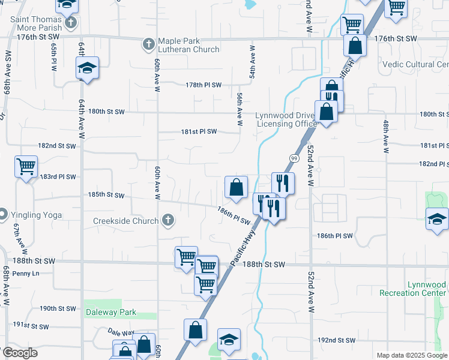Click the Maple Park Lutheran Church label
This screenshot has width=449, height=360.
point(188,45)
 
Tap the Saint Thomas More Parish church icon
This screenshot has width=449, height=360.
point(71,24)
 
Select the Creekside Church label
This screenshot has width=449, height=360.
point(125,221)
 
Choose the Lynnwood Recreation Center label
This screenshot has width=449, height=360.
point(414,289)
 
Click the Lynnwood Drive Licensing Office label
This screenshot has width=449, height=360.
point(286,119)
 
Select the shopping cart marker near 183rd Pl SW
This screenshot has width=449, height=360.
point(26,167)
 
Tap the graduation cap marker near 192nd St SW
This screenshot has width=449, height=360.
point(229,340)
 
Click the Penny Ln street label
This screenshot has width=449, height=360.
point(25,274)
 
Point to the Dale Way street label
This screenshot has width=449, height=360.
point(121,332)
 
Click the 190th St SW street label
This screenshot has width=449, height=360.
point(58,308)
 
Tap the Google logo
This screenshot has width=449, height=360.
point(19,353)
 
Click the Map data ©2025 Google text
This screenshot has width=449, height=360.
point(411,355)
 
